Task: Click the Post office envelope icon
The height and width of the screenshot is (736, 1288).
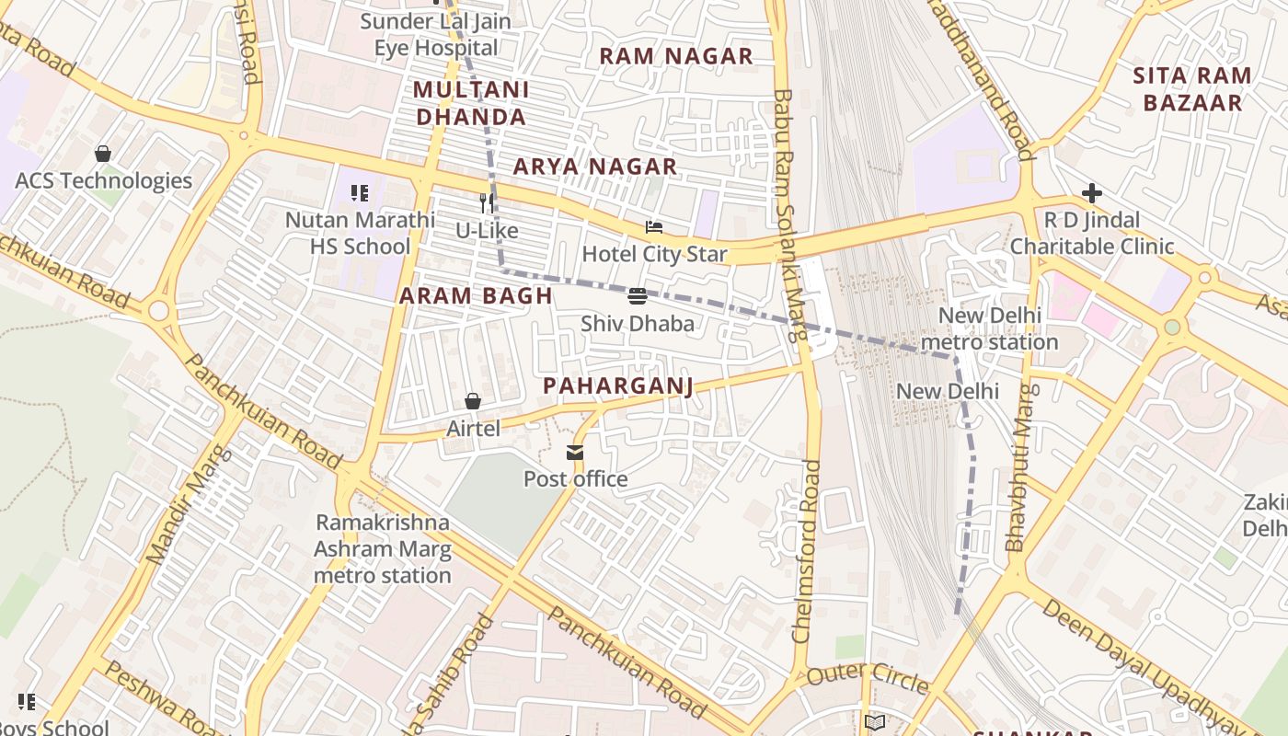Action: click(x=575, y=452)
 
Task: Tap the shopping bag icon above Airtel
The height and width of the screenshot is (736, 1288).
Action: click(x=473, y=401)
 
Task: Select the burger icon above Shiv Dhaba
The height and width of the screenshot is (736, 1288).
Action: click(x=637, y=296)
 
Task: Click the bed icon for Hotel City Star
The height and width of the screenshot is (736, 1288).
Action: click(x=654, y=227)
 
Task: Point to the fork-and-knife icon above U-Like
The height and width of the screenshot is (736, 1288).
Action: click(x=487, y=202)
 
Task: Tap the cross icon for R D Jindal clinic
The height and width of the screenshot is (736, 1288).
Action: click(x=1092, y=193)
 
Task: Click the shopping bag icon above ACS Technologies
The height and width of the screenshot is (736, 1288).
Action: click(x=103, y=154)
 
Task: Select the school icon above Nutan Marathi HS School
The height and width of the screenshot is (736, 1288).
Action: click(x=360, y=193)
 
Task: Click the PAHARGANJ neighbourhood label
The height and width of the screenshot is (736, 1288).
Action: click(x=617, y=385)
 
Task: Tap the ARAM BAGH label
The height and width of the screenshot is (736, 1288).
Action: click(x=476, y=295)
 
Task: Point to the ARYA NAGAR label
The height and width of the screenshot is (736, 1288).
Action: click(x=594, y=167)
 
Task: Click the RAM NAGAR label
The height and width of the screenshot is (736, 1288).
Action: click(x=676, y=56)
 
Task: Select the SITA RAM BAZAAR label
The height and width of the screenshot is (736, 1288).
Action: click(x=1192, y=89)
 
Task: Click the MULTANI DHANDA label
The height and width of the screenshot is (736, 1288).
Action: click(x=471, y=103)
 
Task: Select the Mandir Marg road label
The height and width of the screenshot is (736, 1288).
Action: click(x=186, y=505)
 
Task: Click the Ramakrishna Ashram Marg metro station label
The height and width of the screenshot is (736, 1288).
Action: click(x=383, y=549)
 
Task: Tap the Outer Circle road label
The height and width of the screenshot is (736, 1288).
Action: click(x=868, y=679)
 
